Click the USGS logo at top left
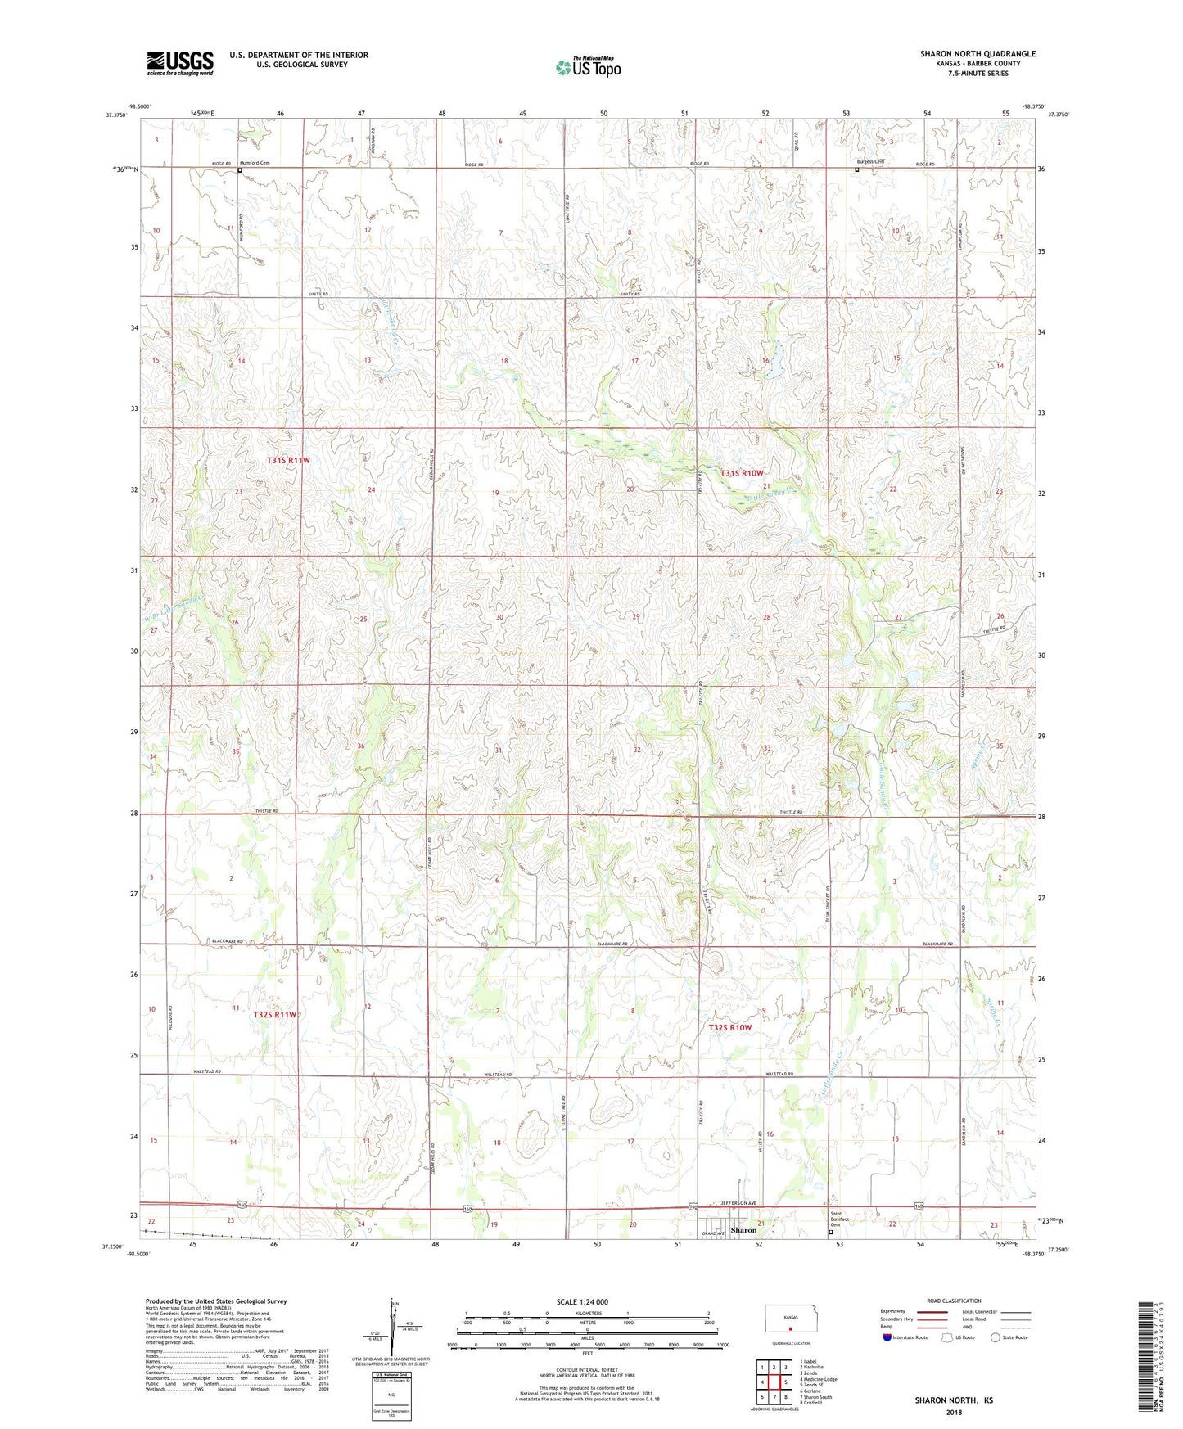180,63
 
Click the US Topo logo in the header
588,68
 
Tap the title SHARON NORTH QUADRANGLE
978,54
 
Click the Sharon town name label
743,1230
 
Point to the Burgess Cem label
870,161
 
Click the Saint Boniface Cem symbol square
831,1232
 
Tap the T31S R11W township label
288,461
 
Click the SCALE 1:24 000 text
582,1302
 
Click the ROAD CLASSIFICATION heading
955,1301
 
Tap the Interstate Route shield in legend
888,1337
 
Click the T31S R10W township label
742,473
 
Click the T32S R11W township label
274,1015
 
